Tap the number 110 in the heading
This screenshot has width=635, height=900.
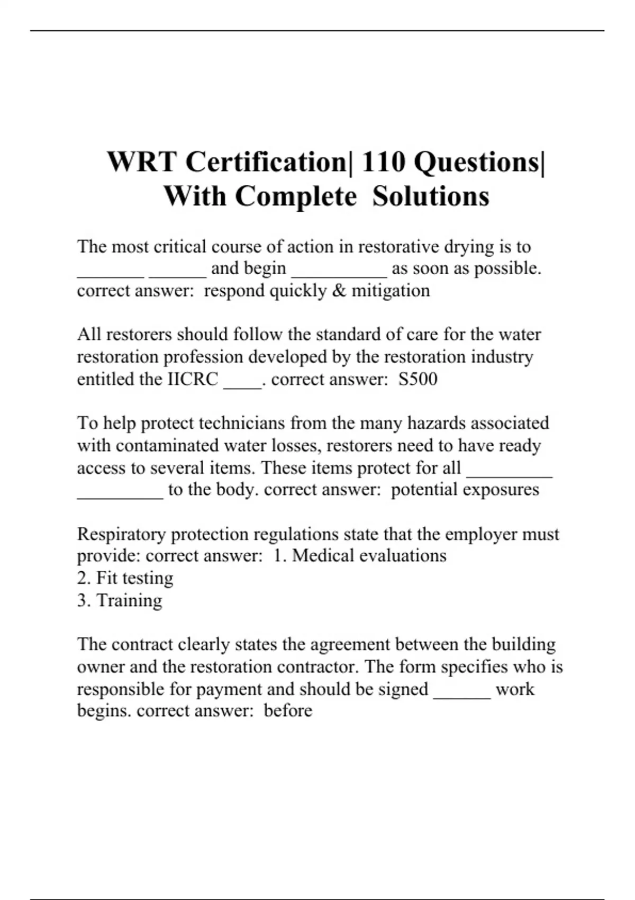[x=384, y=161]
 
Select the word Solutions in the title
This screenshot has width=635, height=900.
[x=431, y=196]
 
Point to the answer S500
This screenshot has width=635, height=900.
[x=418, y=379]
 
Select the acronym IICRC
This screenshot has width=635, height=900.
[x=193, y=379]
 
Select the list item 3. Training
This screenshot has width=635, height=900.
[x=120, y=600]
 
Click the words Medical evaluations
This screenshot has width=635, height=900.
[x=369, y=556]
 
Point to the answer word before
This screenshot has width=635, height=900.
[x=288, y=710]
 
